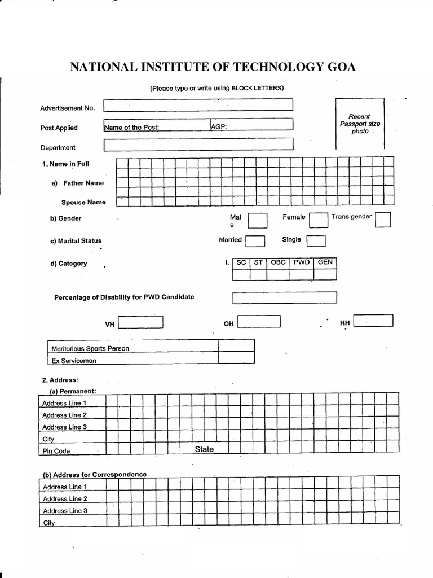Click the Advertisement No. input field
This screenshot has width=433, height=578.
198,105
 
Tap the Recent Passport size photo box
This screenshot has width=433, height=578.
360,123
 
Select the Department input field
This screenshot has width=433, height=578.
198,144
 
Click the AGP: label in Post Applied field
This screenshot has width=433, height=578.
219,127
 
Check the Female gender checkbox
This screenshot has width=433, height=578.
319,220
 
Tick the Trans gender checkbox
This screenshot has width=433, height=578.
383,220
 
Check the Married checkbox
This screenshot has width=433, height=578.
255,241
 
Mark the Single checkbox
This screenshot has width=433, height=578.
316,241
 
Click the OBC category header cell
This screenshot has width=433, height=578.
279,262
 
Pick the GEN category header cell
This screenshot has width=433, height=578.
325,262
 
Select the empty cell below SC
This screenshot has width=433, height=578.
241,274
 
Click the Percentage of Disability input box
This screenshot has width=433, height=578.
284,297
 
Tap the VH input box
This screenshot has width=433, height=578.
140,322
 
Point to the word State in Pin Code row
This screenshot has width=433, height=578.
204,449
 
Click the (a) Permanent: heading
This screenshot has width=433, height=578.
73,391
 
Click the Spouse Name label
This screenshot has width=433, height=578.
83,202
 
